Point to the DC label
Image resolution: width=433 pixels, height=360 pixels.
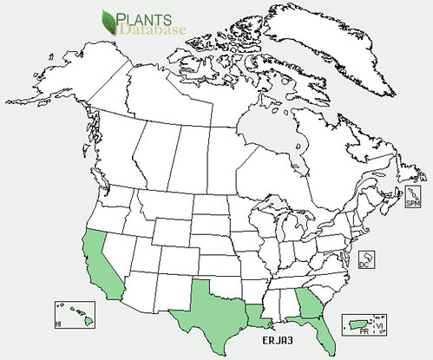click(x=365, y=271)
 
